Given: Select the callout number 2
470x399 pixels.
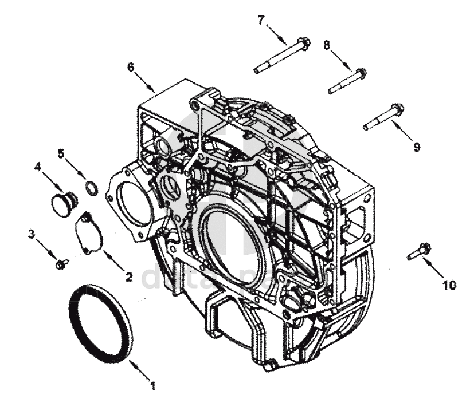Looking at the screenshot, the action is click(x=129, y=277).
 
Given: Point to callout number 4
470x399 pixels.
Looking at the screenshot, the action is click(x=38, y=168).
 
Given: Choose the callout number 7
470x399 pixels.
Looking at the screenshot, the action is click(x=261, y=20).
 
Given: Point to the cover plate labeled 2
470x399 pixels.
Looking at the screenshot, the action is click(x=89, y=232).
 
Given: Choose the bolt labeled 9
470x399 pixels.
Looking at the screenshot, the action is click(x=383, y=116).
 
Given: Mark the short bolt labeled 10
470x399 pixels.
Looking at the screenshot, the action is click(x=419, y=252).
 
